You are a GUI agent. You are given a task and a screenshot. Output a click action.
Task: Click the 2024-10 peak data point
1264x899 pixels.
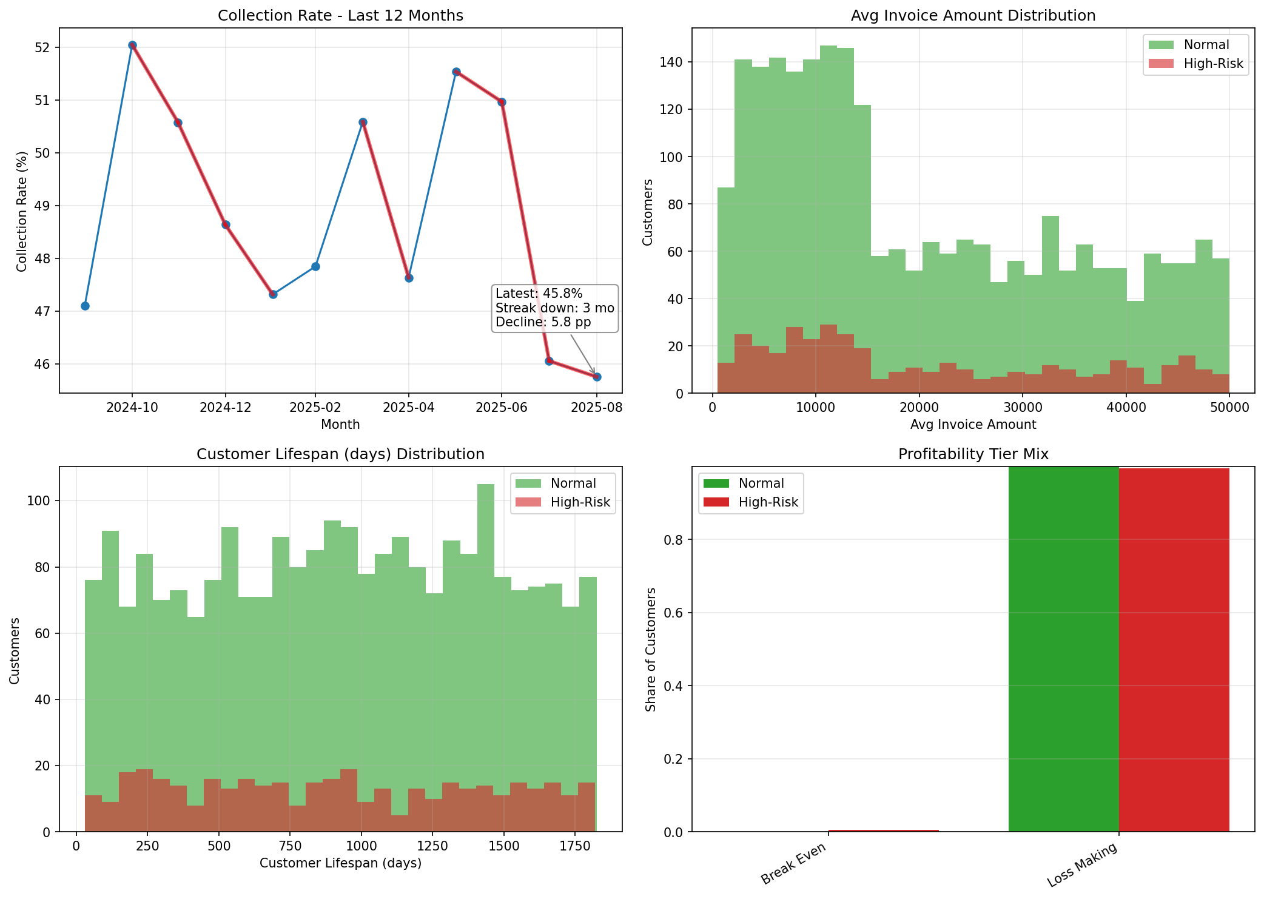pos(132,45)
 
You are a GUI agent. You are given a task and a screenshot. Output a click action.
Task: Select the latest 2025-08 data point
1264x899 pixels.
pos(596,377)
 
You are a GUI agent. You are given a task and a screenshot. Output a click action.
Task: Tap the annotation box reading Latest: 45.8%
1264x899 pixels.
pos(554,308)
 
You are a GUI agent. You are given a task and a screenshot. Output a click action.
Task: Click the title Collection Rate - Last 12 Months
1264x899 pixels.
pos(340,16)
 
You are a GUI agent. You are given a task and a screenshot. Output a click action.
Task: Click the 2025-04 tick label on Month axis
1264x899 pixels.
pos(408,408)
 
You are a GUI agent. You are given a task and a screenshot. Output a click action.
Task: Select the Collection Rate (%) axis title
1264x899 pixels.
pos(22,211)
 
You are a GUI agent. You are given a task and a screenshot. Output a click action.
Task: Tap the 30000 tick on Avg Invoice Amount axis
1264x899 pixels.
pos(1022,408)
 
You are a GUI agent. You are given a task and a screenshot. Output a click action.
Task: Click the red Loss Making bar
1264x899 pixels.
pos(1174,649)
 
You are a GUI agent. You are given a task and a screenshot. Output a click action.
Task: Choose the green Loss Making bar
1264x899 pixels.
pos(1063,649)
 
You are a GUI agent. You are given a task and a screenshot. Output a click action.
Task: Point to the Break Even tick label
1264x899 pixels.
pos(794,864)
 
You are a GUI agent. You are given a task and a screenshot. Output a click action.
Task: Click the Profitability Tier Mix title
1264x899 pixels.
pos(973,454)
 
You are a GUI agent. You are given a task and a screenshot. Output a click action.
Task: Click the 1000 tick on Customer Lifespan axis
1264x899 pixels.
pos(361,846)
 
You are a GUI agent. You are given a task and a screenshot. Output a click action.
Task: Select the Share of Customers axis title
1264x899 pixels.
pos(651,649)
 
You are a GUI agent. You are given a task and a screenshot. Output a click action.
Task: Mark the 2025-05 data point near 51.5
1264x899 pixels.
pos(456,72)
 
